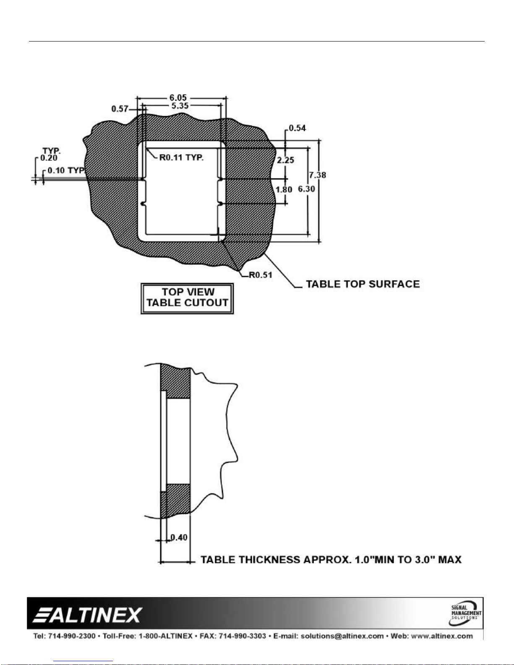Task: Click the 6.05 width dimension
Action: (x=178, y=98)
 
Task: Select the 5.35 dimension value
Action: (x=180, y=106)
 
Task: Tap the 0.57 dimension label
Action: (x=120, y=109)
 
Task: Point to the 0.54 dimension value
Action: (x=297, y=128)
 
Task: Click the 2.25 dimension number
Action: (x=285, y=160)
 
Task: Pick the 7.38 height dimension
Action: (x=318, y=175)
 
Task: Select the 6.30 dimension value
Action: (x=307, y=189)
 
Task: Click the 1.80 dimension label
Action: (x=284, y=190)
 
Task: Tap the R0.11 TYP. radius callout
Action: (x=181, y=158)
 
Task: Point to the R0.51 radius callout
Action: (x=261, y=275)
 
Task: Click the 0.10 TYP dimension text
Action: (x=66, y=170)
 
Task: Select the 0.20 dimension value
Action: (x=49, y=158)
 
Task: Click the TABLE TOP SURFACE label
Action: (x=363, y=284)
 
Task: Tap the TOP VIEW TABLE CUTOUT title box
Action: (x=187, y=298)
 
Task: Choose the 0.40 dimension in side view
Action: (x=179, y=537)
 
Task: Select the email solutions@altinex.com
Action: (x=342, y=636)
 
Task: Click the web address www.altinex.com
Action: (x=442, y=636)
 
